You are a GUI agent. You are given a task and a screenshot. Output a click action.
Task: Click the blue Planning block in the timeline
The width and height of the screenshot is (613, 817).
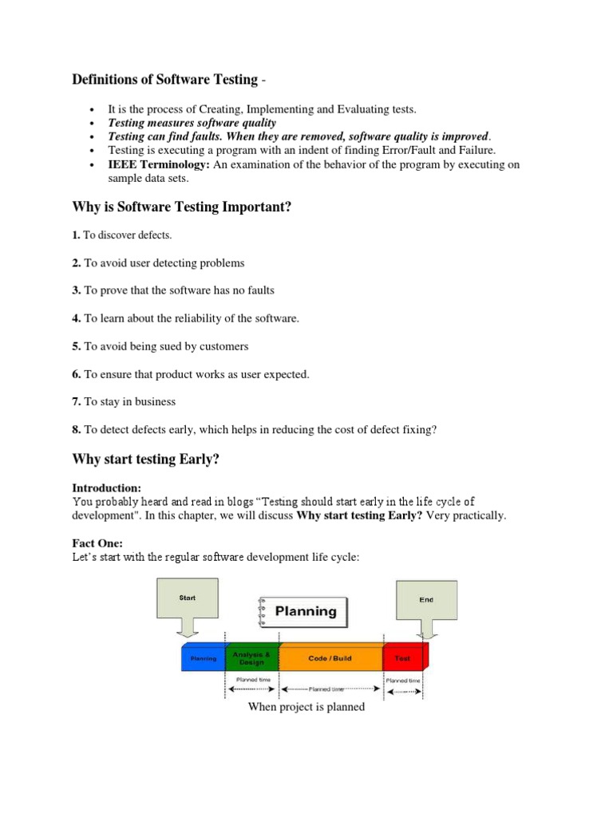tap(204, 659)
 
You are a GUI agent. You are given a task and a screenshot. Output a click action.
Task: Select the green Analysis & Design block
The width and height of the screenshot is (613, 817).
tap(252, 657)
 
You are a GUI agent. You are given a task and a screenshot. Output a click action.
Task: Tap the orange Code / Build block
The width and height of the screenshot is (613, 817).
tap(330, 658)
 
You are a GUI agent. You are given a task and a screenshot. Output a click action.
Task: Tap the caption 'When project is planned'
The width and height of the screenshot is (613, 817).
tap(306, 706)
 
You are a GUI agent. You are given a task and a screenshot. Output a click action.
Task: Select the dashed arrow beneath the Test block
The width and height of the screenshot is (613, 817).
tap(405, 691)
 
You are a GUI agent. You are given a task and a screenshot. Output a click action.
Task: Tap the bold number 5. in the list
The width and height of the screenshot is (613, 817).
tap(77, 346)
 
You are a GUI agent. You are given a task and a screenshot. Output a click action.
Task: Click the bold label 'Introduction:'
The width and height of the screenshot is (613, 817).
tap(106, 487)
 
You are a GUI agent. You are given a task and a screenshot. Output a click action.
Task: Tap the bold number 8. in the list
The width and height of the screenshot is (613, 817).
tap(77, 429)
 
